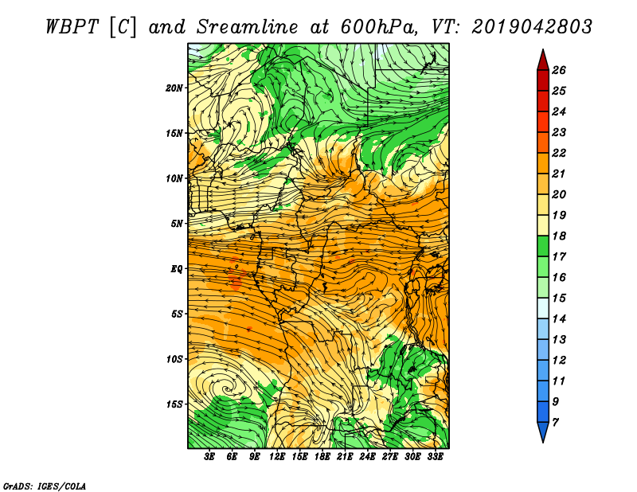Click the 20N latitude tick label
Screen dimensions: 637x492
174,88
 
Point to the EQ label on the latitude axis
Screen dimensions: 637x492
176,269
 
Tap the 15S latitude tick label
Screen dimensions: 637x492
174,404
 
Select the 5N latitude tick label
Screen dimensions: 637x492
176,224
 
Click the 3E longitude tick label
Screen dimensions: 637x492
209,457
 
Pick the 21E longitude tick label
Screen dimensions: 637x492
345,457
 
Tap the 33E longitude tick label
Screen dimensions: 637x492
435,457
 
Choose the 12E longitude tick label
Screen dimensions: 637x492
277,457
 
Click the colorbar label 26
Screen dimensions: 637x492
559,70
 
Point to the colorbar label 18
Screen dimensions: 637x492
559,236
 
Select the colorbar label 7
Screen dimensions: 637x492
555,423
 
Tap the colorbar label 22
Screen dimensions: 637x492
559,153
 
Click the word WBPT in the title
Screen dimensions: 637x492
72,27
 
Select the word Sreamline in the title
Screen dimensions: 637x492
248,27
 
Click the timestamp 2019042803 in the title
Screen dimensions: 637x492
532,27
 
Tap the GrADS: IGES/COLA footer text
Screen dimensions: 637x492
45,486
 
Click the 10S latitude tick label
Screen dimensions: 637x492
174,359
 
